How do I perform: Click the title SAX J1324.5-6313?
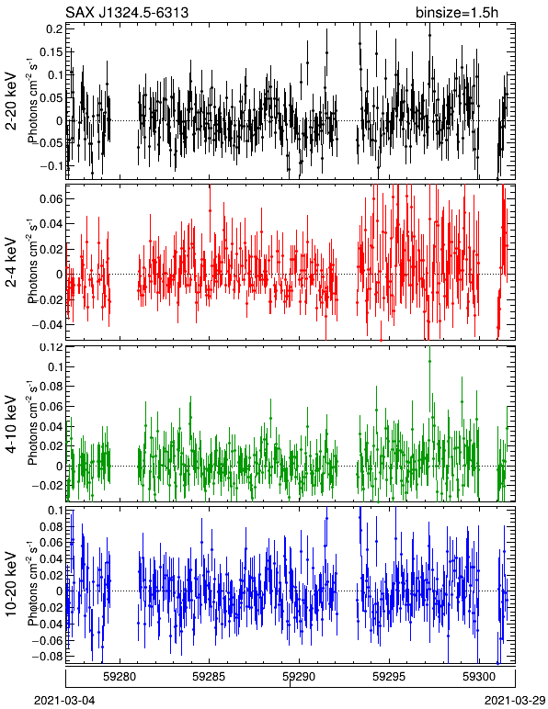pos(127,12)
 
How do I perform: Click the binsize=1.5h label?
pos(457,12)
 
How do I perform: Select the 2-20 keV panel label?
pos(11,101)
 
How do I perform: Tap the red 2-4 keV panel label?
pos(11,263)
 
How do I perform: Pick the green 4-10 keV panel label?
pos(11,424)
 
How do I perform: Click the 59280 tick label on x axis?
pos(120,677)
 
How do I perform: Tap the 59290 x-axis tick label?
pos(299,677)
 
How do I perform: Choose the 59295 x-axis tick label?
pos(389,677)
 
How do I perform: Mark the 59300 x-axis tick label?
pos(479,677)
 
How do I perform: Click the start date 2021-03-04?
pos(64,701)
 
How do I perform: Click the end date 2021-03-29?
pos(516,701)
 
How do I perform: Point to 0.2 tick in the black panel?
pos(55,28)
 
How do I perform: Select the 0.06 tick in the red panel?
pos(51,198)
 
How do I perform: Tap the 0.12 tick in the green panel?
pos(51,347)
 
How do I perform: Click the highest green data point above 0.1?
pos(429,361)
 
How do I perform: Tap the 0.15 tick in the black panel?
pos(51,51)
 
